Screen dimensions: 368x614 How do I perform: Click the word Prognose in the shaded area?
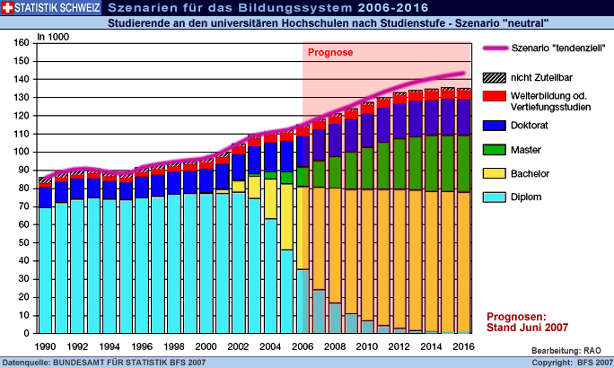click(x=330, y=52)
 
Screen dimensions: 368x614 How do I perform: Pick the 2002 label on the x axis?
click(x=238, y=346)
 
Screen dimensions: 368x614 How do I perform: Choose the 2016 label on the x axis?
click(x=464, y=346)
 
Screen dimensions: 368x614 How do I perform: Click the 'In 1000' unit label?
click(x=52, y=37)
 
